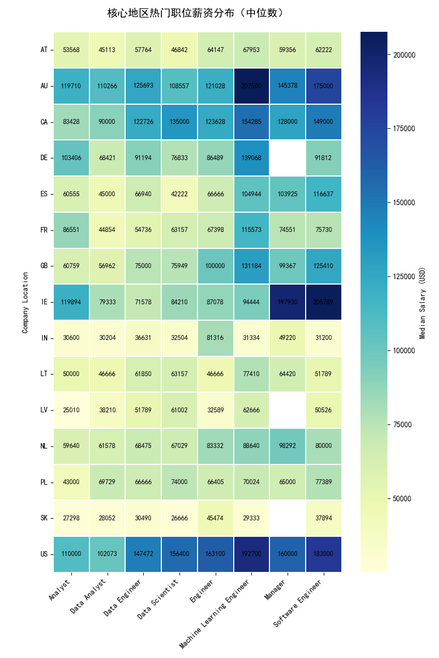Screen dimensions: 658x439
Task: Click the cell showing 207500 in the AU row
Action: pyautogui.click(x=251, y=86)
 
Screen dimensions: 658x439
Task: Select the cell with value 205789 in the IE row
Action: pyautogui.click(x=324, y=302)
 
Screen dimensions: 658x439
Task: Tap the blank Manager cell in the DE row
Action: pyautogui.click(x=288, y=158)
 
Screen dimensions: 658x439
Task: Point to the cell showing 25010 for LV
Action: pyautogui.click(x=71, y=410)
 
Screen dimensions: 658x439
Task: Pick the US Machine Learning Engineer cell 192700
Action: pyautogui.click(x=251, y=554)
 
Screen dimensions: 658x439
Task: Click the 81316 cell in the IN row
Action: pyautogui.click(x=216, y=338)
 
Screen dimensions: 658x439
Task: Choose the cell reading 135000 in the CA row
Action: pyautogui.click(x=179, y=122)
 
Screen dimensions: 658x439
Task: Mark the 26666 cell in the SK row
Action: pyautogui.click(x=179, y=518)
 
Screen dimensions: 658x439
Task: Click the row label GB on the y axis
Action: pyautogui.click(x=44, y=266)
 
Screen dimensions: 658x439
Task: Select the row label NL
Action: pyautogui.click(x=44, y=446)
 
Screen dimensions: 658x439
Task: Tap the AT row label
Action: pyautogui.click(x=44, y=50)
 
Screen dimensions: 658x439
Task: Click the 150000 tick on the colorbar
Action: pyautogui.click(x=404, y=203)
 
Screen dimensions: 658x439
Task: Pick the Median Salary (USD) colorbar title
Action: pyautogui.click(x=423, y=302)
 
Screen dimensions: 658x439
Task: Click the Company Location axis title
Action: pyautogui.click(x=25, y=302)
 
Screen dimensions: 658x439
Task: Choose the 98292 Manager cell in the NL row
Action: pyautogui.click(x=288, y=446)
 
